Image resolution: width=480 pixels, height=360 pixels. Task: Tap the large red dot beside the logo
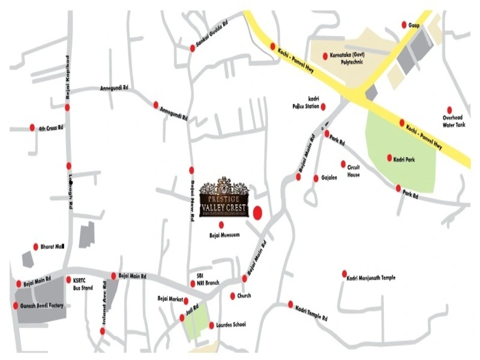tap(258, 212)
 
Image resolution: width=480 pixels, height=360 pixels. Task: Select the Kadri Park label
tap(405, 160)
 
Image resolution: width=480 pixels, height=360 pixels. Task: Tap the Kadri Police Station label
tap(304, 103)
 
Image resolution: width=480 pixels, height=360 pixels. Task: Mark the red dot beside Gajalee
tap(316, 178)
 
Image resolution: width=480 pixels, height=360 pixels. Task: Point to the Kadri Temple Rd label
tap(311, 313)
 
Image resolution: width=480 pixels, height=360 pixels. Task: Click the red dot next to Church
tap(233, 296)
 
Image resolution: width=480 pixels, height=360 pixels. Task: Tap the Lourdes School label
tap(230, 325)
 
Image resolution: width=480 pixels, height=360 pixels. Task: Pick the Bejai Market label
tap(169, 298)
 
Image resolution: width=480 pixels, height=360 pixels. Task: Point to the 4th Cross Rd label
tap(51, 128)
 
